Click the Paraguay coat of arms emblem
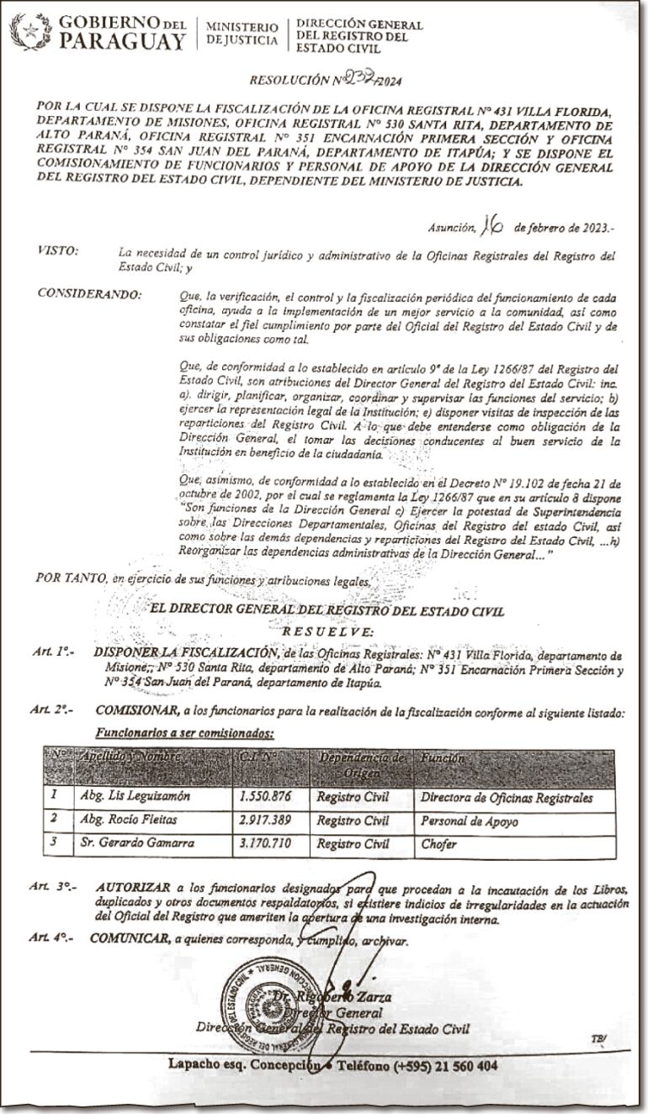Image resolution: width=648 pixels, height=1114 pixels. point(30,31)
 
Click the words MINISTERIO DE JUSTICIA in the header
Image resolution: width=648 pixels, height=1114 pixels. point(242,33)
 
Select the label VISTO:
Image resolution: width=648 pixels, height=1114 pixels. point(58,251)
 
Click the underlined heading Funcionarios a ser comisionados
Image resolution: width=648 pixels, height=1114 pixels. point(184,732)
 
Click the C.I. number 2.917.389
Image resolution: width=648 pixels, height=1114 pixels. point(267,821)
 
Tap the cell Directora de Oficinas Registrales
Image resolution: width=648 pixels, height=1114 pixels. point(507,798)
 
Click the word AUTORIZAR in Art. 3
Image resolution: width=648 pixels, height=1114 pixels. point(132,888)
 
